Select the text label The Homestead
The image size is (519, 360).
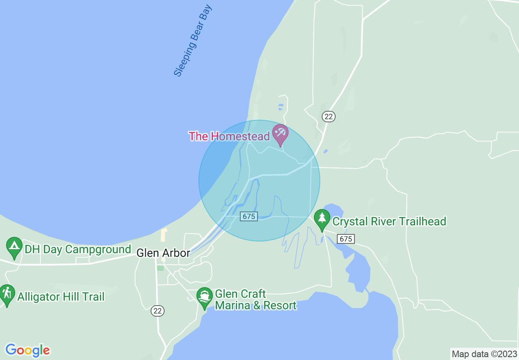(229, 136)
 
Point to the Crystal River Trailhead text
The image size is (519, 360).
(389, 222)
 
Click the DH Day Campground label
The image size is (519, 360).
(78, 249)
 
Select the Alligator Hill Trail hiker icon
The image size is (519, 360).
(7, 294)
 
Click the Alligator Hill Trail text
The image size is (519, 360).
(61, 297)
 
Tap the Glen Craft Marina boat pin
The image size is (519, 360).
(204, 297)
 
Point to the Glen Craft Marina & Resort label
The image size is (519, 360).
(255, 300)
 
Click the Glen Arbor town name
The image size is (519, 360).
(163, 253)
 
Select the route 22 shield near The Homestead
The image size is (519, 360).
(328, 117)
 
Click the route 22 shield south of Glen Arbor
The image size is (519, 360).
(158, 311)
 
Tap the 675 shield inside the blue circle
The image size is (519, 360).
(249, 216)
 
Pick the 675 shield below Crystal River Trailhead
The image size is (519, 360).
(346, 239)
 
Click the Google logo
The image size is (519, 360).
(27, 350)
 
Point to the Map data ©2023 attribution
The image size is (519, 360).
(484, 354)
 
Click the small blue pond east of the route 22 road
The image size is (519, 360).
(325, 151)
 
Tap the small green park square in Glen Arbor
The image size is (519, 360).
(160, 268)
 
